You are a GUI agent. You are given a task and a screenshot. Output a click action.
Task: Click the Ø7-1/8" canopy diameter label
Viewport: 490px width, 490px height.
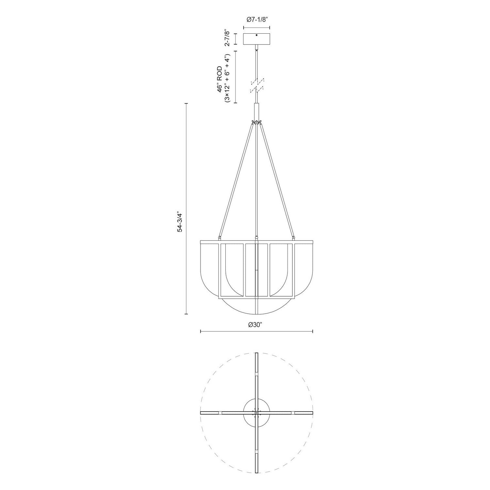(257, 19)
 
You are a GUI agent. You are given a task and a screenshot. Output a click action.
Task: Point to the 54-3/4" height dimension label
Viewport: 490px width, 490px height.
(179, 222)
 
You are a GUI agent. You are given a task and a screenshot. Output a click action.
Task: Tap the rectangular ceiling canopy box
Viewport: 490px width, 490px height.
(256, 39)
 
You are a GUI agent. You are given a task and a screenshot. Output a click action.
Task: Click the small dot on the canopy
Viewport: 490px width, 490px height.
(256, 35)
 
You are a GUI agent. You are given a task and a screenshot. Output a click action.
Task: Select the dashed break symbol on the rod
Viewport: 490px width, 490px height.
(257, 85)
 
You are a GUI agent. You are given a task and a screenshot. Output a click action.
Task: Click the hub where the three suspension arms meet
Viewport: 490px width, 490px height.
(257, 122)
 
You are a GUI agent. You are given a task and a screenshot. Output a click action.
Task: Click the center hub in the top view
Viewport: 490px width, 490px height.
(257, 413)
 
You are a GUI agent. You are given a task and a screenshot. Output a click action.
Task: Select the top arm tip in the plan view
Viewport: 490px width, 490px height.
(257, 354)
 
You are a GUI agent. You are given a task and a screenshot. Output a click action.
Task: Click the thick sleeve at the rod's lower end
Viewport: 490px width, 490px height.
(257, 111)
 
